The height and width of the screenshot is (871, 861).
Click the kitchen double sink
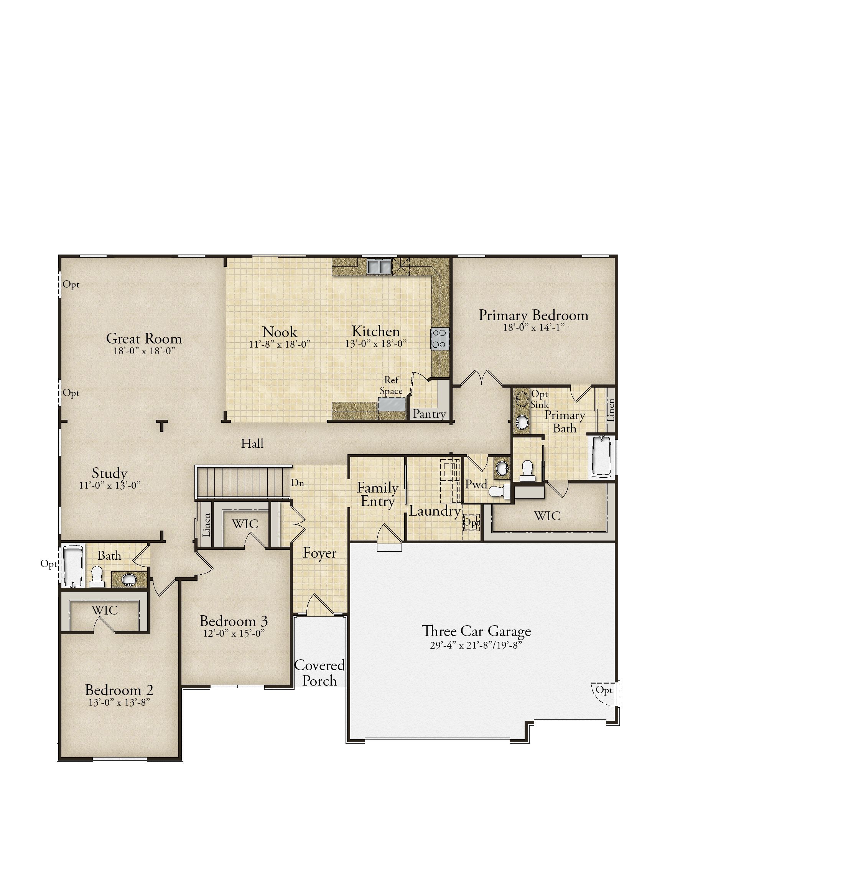click(x=379, y=266)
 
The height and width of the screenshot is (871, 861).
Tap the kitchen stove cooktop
click(x=440, y=339)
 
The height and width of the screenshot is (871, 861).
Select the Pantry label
click(x=429, y=414)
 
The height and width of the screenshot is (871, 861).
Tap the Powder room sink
click(x=502, y=468)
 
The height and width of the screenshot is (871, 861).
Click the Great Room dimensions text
click(x=144, y=351)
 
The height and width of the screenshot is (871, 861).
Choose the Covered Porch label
click(x=319, y=673)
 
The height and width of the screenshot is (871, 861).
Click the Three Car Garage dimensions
click(x=476, y=645)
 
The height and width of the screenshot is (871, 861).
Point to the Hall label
click(x=252, y=444)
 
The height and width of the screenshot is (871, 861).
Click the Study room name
click(x=110, y=473)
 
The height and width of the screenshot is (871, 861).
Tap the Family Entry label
click(x=377, y=495)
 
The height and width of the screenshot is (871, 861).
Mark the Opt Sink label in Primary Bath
click(x=540, y=399)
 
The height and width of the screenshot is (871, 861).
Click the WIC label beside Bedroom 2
click(x=105, y=610)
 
